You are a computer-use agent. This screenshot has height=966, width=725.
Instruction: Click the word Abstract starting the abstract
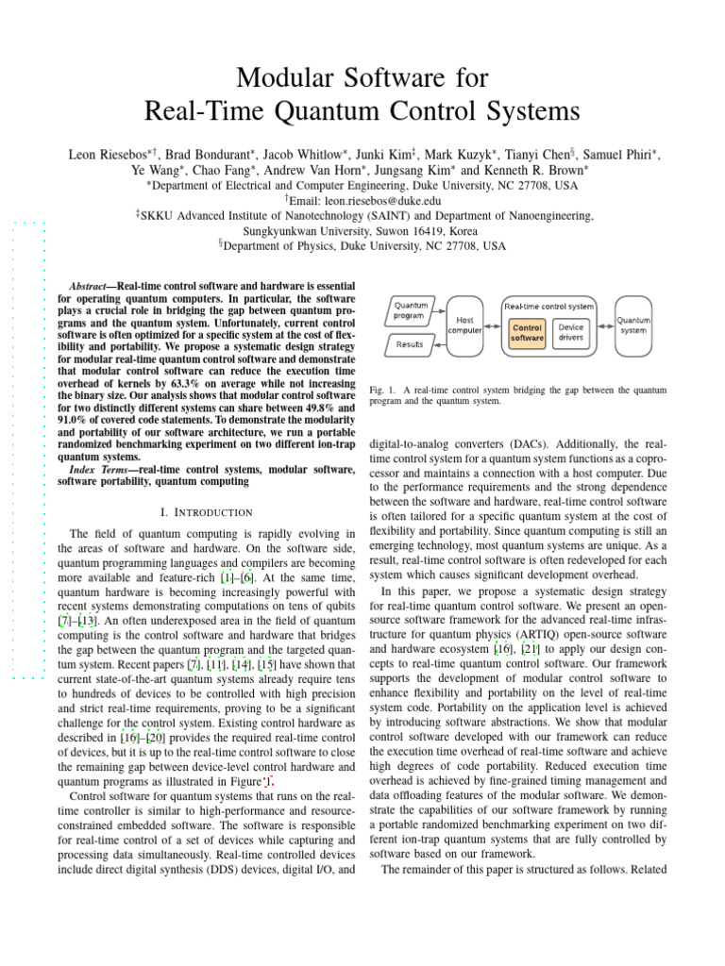click(x=93, y=286)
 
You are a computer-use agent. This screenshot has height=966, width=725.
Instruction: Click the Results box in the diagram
click(x=410, y=344)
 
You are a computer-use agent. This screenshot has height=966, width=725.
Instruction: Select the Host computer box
click(x=464, y=326)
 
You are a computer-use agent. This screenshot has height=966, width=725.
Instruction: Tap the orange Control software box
click(x=527, y=332)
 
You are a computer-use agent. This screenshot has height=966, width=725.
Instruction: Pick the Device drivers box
click(x=572, y=332)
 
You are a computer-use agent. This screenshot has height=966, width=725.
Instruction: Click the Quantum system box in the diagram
click(x=633, y=325)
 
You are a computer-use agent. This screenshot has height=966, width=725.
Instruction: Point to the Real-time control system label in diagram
click(x=549, y=306)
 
